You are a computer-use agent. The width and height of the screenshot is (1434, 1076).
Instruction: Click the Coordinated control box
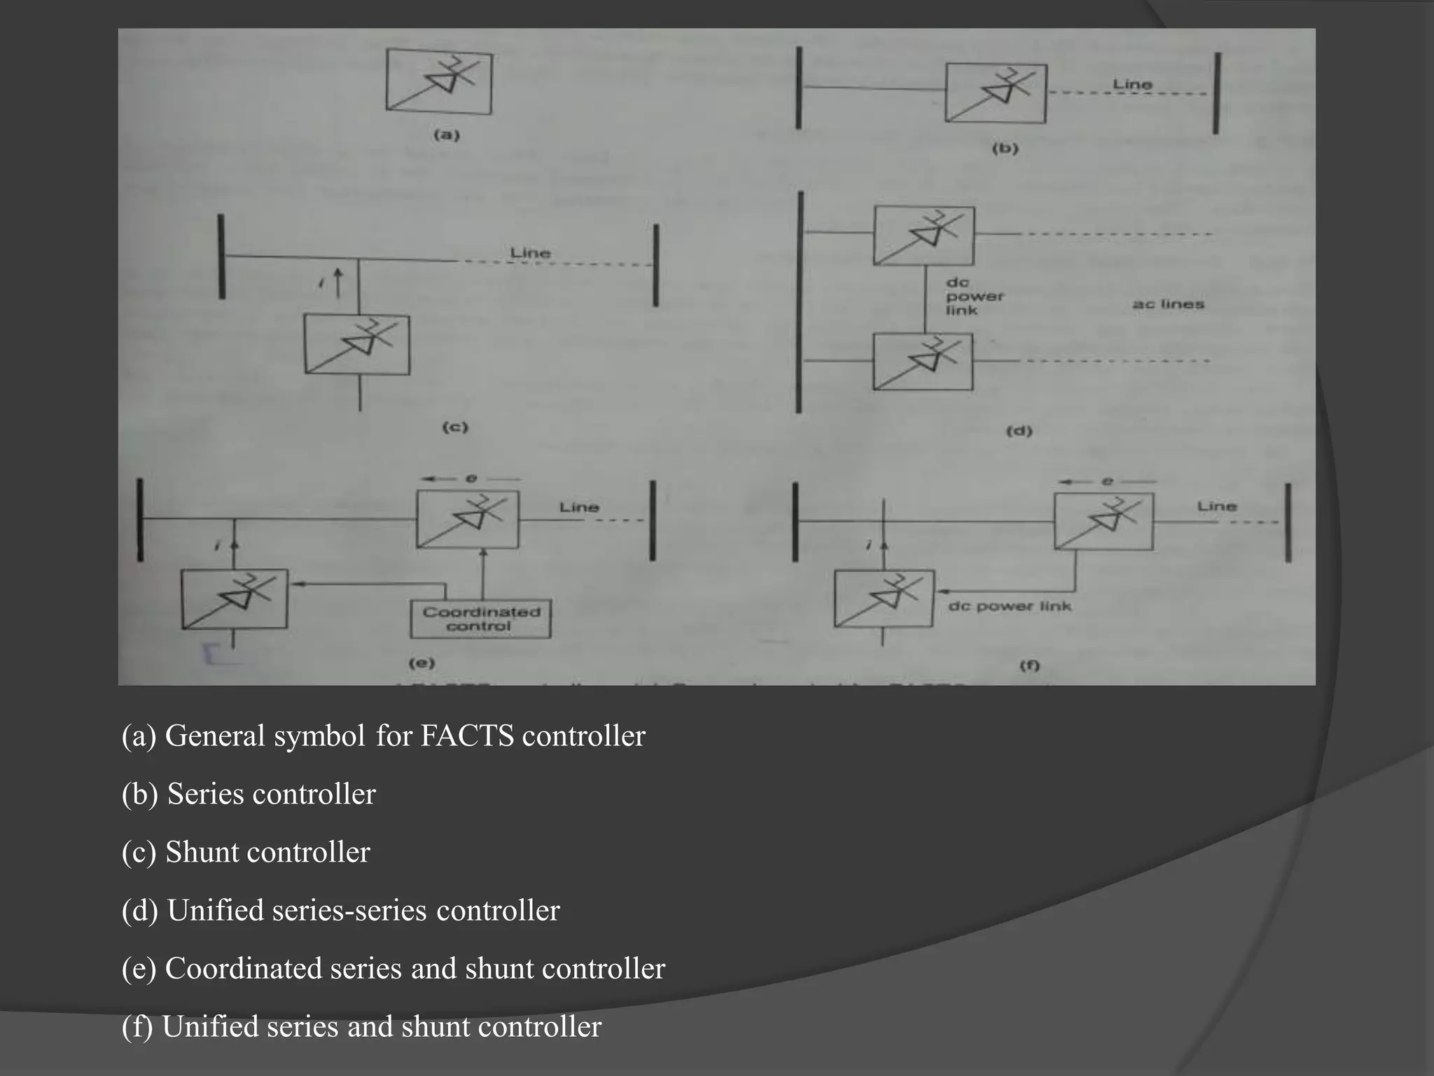coord(480,619)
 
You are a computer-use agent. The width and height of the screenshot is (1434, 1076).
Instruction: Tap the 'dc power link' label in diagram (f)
coord(1010,606)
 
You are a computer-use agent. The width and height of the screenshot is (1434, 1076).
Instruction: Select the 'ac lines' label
coord(1168,304)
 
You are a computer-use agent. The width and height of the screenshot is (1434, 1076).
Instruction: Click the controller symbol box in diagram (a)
coord(439,81)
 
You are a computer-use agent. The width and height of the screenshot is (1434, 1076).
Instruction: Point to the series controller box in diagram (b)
coord(996,93)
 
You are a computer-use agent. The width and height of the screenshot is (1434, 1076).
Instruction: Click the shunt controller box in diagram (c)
coord(357,344)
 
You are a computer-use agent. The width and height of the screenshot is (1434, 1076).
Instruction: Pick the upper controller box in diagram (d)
coord(924,235)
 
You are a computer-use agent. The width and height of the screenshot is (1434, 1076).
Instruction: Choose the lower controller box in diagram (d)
coord(922,361)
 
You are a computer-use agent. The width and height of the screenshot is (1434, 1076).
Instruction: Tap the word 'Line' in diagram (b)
coord(1132,84)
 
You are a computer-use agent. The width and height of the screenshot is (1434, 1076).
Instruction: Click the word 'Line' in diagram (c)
coord(530,252)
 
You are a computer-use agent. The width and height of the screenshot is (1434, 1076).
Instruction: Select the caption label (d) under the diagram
coord(1019,431)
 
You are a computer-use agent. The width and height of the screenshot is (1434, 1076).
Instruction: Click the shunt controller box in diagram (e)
coord(234,599)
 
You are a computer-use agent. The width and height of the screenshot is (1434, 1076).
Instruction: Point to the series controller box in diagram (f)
coord(1104,521)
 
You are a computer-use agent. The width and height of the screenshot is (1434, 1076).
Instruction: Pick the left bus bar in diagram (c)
coord(221,256)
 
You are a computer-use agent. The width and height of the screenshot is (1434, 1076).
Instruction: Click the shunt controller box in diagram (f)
coord(884,599)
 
